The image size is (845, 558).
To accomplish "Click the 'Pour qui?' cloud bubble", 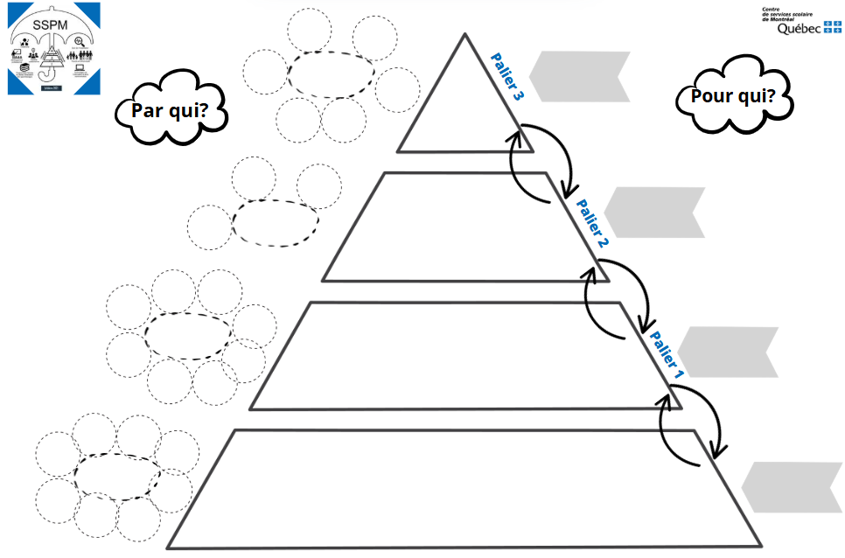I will pyautogui.click(x=733, y=95).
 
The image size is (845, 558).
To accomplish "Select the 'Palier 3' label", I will pyautogui.click(x=506, y=77).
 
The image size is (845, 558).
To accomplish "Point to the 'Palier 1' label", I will pyautogui.click(x=667, y=353).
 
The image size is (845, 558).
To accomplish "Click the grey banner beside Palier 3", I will pyautogui.click(x=578, y=74).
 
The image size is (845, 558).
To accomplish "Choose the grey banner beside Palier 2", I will pyautogui.click(x=654, y=212).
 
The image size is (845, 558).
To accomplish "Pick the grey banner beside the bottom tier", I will pyautogui.click(x=793, y=487).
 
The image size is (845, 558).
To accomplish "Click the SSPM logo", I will pyautogui.click(x=53, y=48).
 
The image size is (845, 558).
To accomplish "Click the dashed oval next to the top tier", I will pyautogui.click(x=332, y=73).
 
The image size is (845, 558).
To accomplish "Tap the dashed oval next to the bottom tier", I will pyautogui.click(x=118, y=477).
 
